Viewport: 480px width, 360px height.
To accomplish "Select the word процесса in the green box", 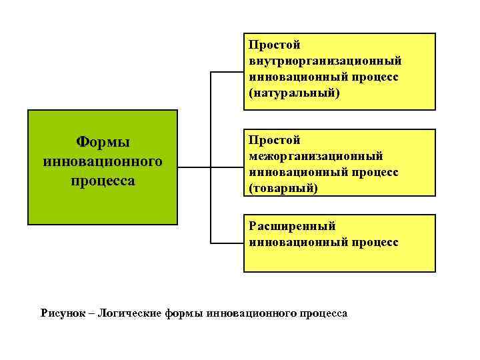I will tap(103, 180).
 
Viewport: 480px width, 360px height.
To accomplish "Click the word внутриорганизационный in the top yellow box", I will tap(325, 61).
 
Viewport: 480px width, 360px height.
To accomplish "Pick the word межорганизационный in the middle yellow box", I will tap(316, 156).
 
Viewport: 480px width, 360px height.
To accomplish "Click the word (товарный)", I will tap(283, 188).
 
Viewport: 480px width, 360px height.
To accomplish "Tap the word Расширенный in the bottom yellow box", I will tap(292, 226).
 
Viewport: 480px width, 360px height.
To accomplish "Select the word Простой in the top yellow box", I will tap(275, 45).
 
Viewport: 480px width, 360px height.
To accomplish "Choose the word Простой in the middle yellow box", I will tap(275, 140).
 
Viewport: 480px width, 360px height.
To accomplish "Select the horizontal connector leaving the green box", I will tap(194, 167).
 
